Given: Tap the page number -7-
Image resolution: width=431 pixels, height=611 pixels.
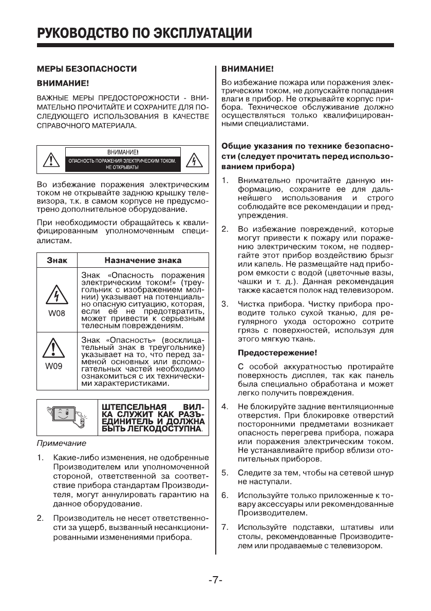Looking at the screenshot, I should [x=215, y=580].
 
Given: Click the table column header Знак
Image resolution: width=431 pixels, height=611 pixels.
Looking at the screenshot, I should [x=57, y=260].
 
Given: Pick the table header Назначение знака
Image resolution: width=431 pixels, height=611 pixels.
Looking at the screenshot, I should [x=143, y=260].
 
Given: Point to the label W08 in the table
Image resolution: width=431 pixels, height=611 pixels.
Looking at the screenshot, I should [x=57, y=312].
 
